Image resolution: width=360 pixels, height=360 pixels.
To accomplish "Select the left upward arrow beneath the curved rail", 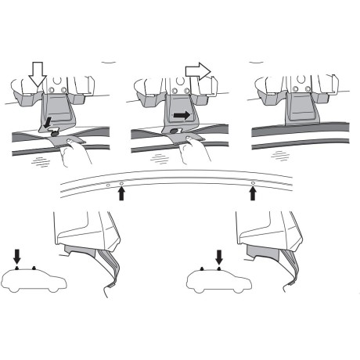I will pyautogui.click(x=121, y=193).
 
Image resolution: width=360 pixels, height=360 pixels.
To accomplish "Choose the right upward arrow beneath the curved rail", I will pyautogui.click(x=252, y=192).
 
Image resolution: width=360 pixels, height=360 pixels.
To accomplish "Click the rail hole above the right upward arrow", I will pyautogui.click(x=252, y=182).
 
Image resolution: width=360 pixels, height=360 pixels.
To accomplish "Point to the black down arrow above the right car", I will pyautogui.click(x=219, y=256).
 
